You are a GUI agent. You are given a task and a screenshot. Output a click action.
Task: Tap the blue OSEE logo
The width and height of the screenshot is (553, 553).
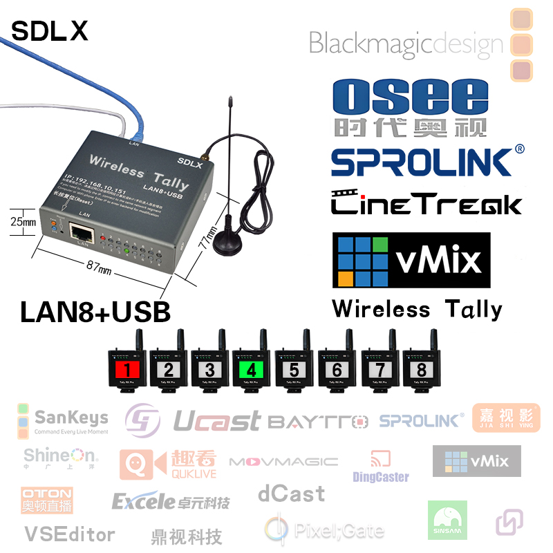click(410, 107)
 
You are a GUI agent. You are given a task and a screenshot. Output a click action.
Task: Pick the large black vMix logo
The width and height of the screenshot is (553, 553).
click(411, 261)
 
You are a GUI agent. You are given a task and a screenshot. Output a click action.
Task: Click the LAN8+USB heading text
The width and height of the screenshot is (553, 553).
click(95, 312)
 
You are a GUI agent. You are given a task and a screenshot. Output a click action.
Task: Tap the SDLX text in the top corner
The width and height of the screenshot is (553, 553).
click(50, 30)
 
